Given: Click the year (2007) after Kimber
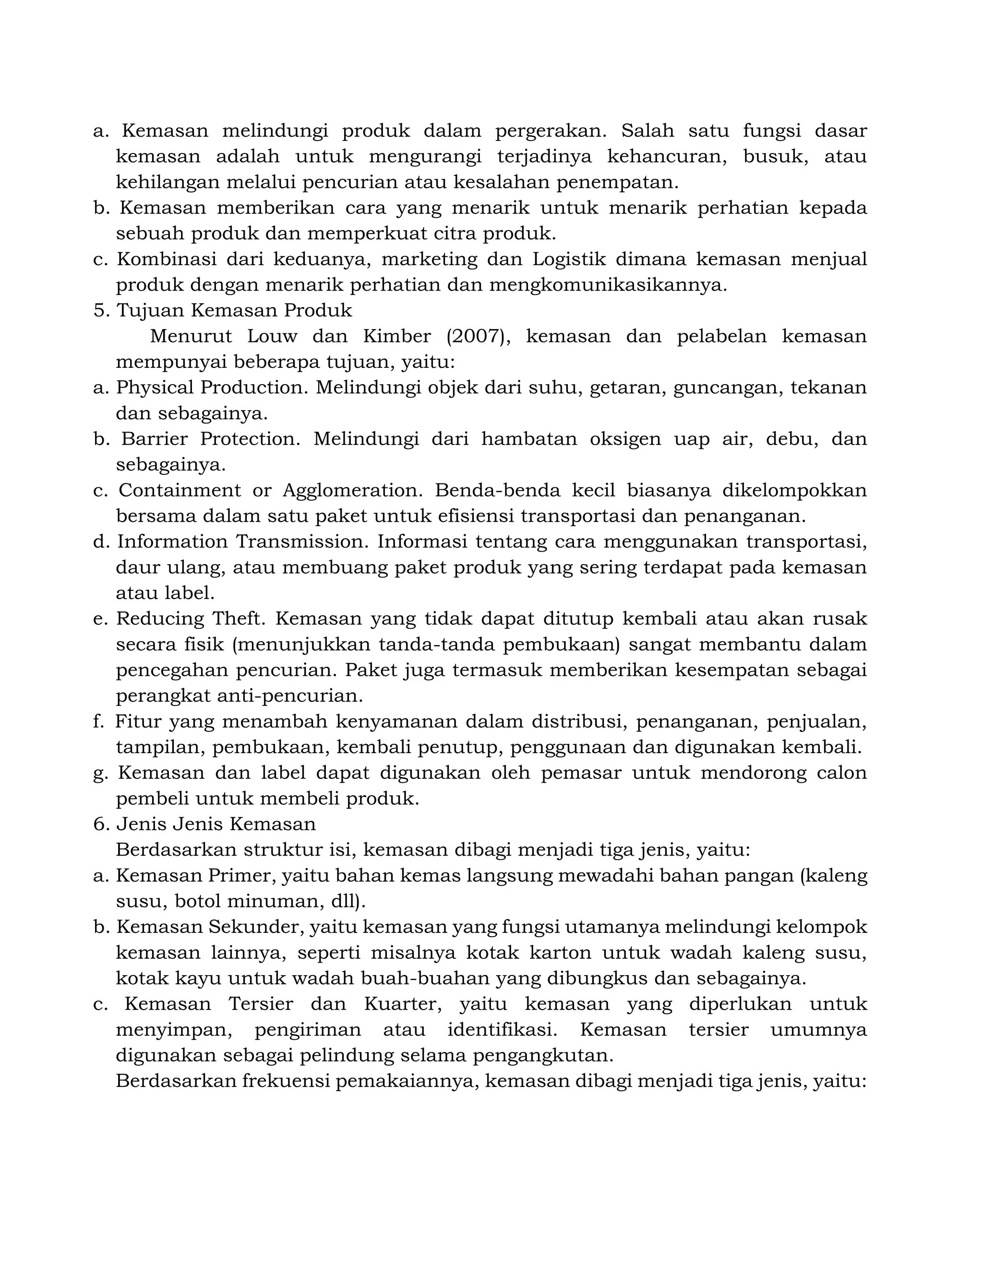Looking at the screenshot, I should (x=478, y=336).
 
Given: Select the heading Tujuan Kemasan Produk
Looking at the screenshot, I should (x=234, y=311).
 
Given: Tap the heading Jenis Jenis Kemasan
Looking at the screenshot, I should (x=216, y=824).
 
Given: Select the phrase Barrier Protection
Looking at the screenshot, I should (x=210, y=439).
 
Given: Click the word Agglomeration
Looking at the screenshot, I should (x=352, y=491).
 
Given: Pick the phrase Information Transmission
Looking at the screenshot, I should (x=243, y=542).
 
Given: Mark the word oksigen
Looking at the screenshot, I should (x=625, y=439).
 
